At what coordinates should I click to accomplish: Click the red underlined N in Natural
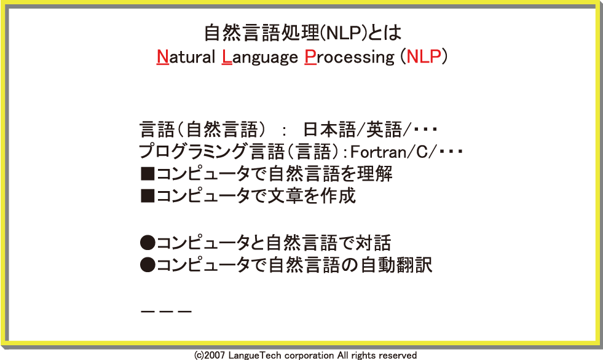pyautogui.click(x=163, y=57)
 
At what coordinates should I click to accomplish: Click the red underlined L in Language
pyautogui.click(x=227, y=57)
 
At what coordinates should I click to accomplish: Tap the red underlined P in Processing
pyautogui.click(x=310, y=57)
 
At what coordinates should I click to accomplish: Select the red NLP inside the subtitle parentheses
pyautogui.click(x=424, y=57)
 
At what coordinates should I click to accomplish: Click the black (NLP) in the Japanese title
pyautogui.click(x=342, y=33)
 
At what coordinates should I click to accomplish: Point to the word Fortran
pyautogui.click(x=379, y=152)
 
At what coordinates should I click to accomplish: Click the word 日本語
pyautogui.click(x=329, y=130)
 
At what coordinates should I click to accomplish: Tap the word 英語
pyautogui.click(x=384, y=130)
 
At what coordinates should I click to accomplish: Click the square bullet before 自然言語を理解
pyautogui.click(x=148, y=174)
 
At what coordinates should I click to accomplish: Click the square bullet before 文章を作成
pyautogui.click(x=148, y=196)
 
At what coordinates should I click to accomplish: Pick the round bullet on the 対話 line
pyautogui.click(x=148, y=243)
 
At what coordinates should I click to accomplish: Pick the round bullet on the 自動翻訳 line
pyautogui.click(x=148, y=265)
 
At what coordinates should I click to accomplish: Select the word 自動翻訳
pyautogui.click(x=396, y=265)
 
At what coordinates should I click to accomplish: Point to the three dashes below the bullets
pyautogui.click(x=166, y=311)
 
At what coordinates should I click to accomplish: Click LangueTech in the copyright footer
pyautogui.click(x=255, y=355)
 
